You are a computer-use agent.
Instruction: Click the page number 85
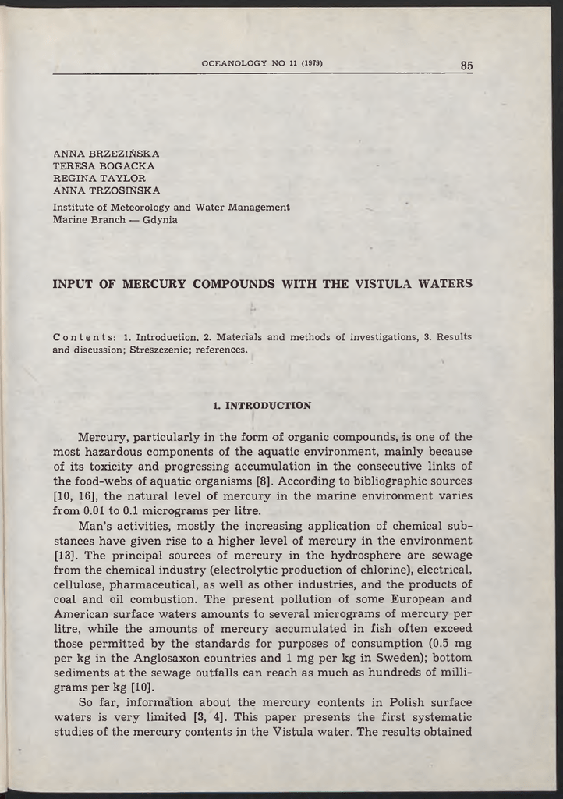click(466, 66)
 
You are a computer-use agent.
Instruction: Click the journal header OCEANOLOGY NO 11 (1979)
click(262, 62)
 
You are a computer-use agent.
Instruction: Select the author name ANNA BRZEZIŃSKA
click(106, 154)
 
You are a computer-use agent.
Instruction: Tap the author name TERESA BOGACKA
click(104, 165)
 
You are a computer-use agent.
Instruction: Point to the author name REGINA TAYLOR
click(99, 178)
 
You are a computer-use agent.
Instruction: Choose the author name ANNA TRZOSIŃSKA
click(106, 190)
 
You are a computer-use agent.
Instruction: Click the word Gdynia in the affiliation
click(160, 220)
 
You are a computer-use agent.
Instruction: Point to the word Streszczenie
click(161, 350)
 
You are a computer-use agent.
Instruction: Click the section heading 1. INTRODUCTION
click(261, 406)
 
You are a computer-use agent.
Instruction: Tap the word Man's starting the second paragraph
click(96, 525)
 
